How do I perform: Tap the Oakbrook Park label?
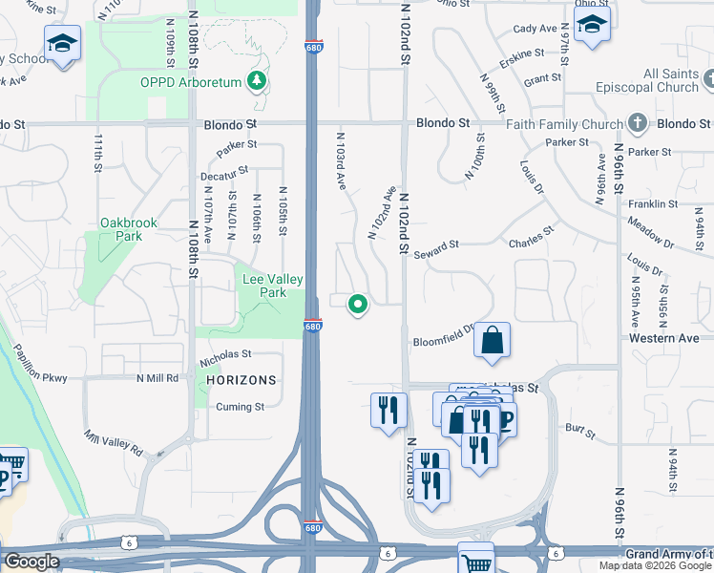pyautogui.click(x=128, y=229)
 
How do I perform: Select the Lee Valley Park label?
pyautogui.click(x=272, y=286)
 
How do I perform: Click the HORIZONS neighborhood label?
pyautogui.click(x=241, y=379)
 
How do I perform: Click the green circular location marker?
pyautogui.click(x=358, y=305)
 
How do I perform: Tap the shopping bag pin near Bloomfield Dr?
pyautogui.click(x=492, y=340)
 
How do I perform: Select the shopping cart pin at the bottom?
pyautogui.click(x=475, y=561)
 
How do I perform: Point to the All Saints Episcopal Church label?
pyautogui.click(x=657, y=80)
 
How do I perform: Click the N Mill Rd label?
pyautogui.click(x=157, y=378)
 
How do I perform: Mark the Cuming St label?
pyautogui.click(x=239, y=407)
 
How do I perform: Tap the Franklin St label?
pyautogui.click(x=654, y=204)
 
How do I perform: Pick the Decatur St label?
pyautogui.click(x=224, y=173)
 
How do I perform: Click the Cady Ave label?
pyautogui.click(x=535, y=29)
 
